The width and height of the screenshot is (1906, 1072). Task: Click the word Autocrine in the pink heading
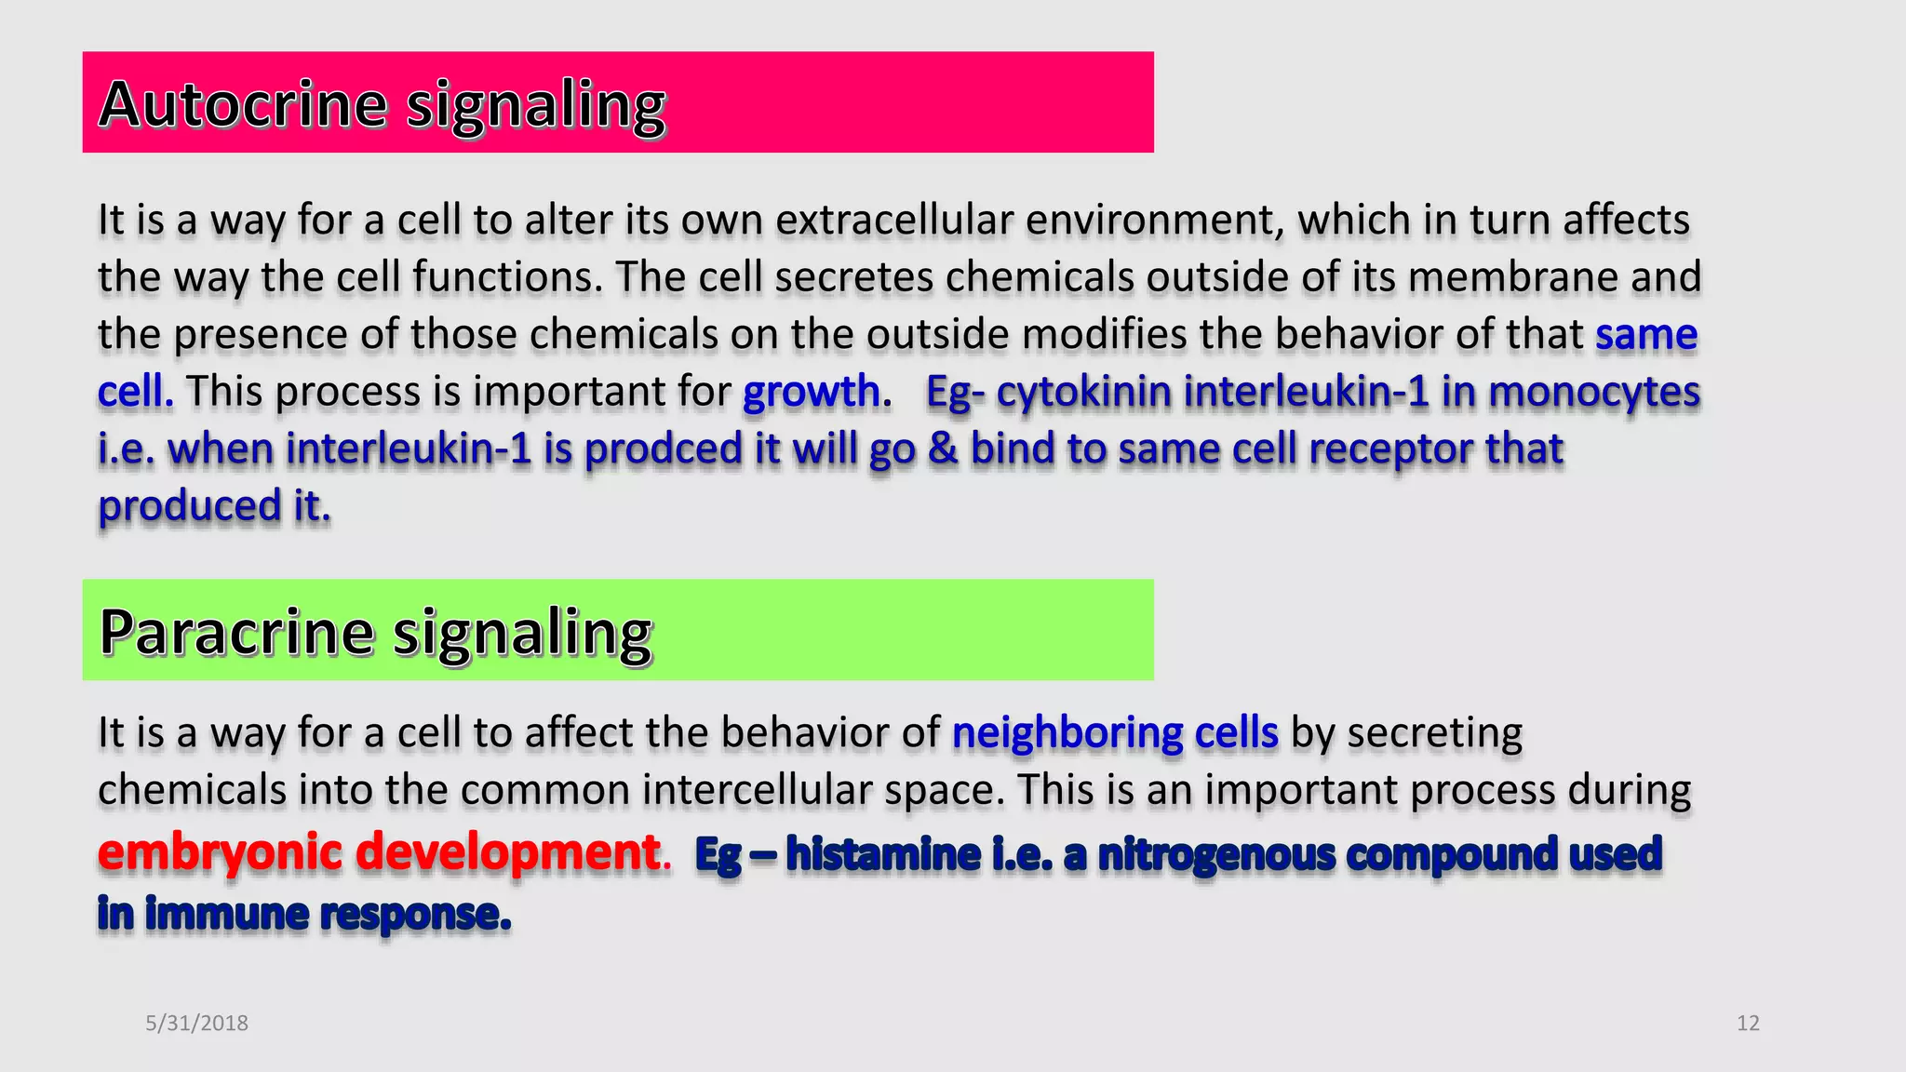click(x=242, y=104)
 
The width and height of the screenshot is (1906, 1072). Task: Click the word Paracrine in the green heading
click(x=236, y=633)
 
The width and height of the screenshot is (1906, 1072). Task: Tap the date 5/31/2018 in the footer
click(x=196, y=1023)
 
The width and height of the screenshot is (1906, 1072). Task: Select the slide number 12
click(x=1748, y=1023)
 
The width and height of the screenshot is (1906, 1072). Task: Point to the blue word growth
click(x=811, y=391)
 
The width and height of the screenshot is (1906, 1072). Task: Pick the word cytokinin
click(x=1083, y=391)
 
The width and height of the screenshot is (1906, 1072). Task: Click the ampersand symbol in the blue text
click(x=943, y=449)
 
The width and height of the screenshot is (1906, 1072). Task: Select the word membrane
click(x=1512, y=277)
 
